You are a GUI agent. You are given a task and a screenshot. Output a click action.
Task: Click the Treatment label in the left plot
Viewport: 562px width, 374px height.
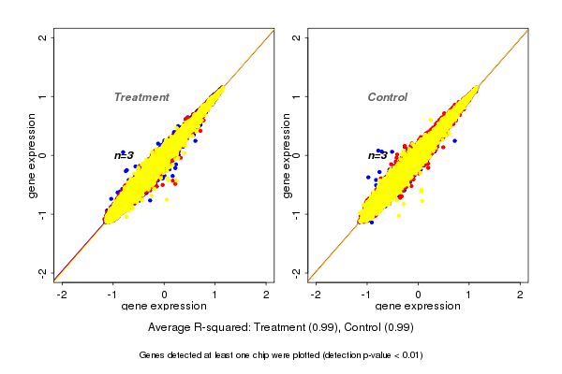141,97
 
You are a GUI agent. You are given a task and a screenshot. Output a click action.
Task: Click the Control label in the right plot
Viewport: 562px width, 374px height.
387,97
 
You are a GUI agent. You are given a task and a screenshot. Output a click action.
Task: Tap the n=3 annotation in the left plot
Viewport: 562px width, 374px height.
125,155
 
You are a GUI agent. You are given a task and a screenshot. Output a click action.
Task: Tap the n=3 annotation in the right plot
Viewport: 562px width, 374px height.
377,155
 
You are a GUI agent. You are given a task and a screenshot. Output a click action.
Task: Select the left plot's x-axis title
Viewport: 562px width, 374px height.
164,307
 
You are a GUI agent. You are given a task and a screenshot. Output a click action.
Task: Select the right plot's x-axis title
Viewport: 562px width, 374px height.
417,307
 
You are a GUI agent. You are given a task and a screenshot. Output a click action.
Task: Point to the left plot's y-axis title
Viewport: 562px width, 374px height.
34,155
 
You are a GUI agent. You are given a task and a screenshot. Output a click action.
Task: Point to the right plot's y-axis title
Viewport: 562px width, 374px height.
287,155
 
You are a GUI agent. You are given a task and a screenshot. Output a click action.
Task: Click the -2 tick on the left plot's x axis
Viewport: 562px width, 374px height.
62,295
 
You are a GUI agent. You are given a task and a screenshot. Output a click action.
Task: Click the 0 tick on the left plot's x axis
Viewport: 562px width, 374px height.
164,295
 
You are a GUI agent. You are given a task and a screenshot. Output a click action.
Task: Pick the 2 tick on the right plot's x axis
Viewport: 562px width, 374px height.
520,295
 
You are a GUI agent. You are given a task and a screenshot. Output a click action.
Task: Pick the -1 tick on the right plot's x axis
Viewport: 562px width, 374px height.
366,295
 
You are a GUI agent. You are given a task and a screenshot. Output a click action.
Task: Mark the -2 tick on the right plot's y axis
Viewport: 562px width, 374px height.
297,272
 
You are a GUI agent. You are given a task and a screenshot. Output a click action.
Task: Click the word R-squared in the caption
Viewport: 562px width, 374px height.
219,328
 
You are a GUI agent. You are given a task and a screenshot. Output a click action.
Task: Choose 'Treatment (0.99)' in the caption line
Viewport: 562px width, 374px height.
301,328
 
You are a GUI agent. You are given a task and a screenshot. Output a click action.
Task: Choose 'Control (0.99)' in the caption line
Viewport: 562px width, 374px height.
379,328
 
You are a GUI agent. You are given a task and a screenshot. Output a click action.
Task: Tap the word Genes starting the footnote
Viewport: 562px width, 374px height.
153,355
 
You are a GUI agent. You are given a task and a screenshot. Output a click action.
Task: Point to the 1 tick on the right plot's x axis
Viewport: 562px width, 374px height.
469,295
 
